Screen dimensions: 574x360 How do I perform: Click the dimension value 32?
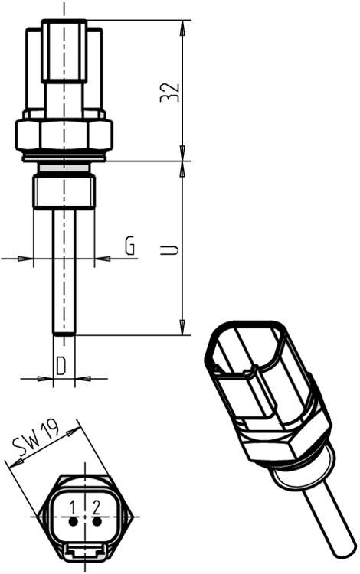(172, 91)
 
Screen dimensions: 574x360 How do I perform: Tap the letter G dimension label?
(130, 246)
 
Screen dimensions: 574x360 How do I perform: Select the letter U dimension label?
(172, 249)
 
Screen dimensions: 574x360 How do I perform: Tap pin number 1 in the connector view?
(73, 506)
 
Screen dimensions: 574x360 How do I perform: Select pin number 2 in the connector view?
(97, 506)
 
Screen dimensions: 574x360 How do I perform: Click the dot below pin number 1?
(73, 521)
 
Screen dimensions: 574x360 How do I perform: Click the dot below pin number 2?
(96, 521)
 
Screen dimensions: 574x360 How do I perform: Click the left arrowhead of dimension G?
(29, 259)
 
